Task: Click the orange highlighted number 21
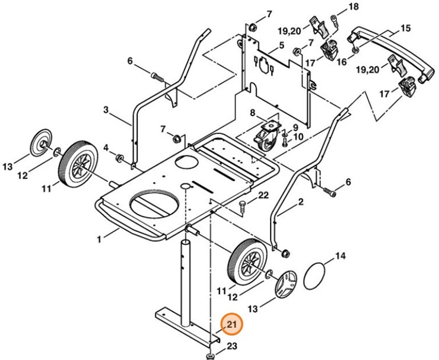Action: click(230, 324)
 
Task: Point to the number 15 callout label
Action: click(406, 28)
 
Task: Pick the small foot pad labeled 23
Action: click(210, 355)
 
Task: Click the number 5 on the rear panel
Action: click(282, 45)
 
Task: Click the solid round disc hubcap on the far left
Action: click(42, 142)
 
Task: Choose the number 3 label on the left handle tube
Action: click(106, 110)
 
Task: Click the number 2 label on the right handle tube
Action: click(301, 202)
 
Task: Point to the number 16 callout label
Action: click(342, 61)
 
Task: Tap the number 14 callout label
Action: click(339, 256)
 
